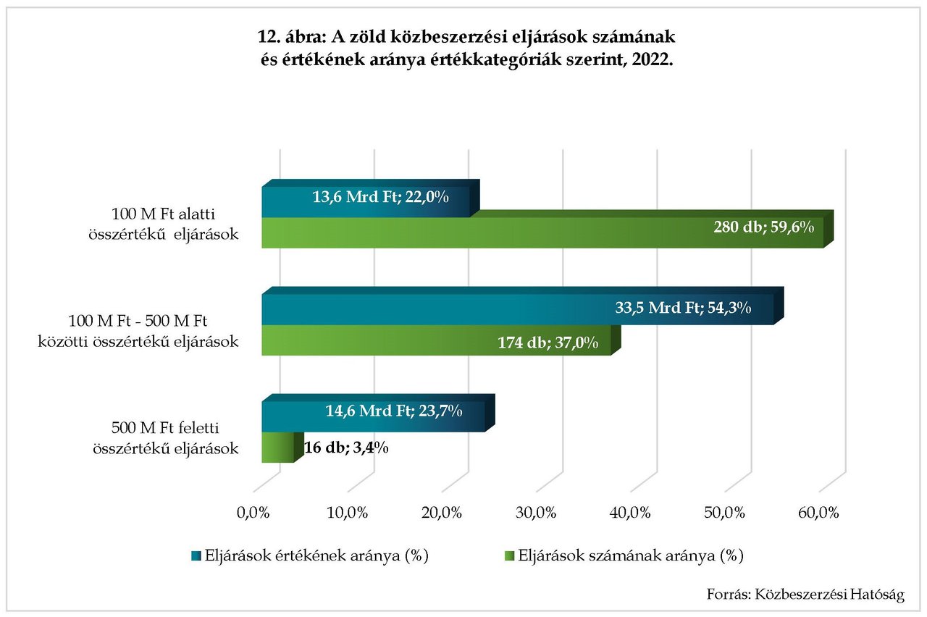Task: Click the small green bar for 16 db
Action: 277,448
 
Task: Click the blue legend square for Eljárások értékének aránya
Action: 195,556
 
